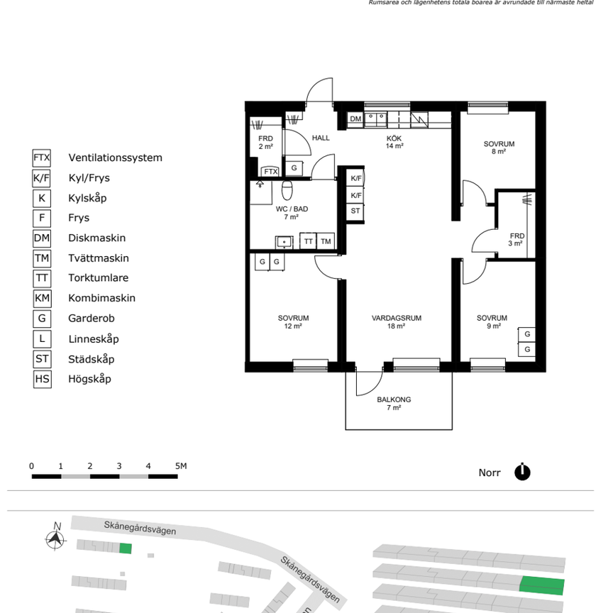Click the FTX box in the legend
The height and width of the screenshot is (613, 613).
[42, 158]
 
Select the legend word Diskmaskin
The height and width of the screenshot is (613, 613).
[96, 238]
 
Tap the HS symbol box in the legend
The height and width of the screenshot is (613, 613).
[42, 379]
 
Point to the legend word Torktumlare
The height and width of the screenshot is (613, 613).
[98, 278]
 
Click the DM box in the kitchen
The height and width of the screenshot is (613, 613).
[355, 119]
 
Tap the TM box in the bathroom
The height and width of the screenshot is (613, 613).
[326, 241]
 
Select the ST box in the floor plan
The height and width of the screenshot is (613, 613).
[355, 211]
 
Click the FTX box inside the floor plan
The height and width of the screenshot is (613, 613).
[270, 172]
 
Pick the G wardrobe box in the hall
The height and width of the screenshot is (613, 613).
[294, 168]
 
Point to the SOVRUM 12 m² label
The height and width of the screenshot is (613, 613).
[293, 322]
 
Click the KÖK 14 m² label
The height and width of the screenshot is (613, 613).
[394, 142]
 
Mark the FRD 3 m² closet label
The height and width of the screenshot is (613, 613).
[517, 239]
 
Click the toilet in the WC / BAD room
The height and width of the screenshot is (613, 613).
[287, 190]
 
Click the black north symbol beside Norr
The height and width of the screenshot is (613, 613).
[523, 472]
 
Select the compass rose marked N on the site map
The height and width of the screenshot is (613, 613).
[55, 539]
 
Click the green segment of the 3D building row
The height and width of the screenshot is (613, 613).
[543, 585]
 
